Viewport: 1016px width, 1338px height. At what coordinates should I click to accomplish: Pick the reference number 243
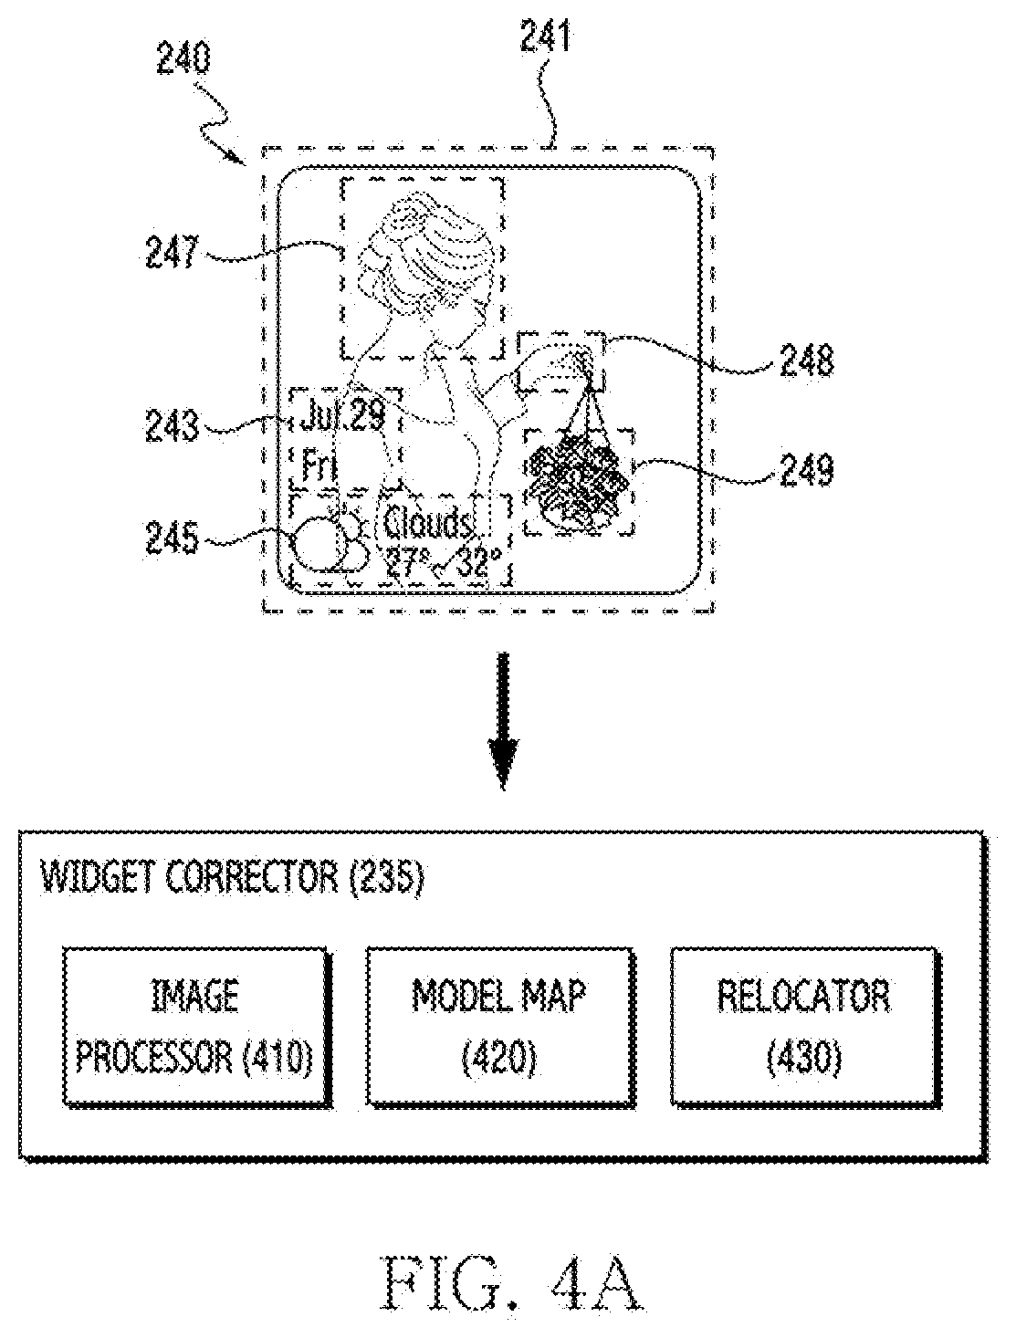[x=173, y=425]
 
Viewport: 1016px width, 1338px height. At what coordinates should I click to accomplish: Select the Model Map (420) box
[x=499, y=1025]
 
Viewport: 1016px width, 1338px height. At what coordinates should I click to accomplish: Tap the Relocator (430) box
[x=804, y=1025]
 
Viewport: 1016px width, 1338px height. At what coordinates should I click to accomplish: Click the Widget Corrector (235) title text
[x=232, y=877]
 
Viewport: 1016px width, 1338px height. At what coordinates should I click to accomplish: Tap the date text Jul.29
[x=342, y=415]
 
